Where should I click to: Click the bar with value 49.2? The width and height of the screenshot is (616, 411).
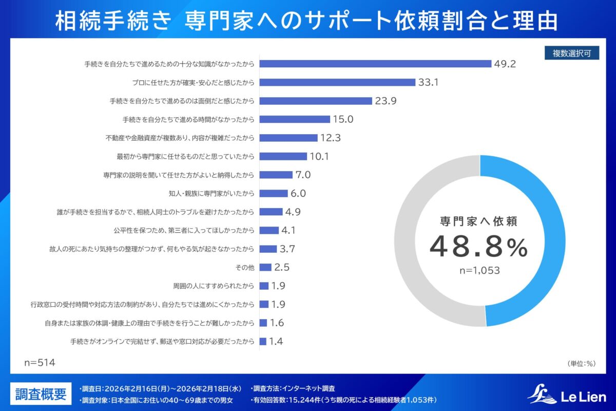pos(376,64)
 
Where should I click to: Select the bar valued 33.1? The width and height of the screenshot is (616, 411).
pos(337,82)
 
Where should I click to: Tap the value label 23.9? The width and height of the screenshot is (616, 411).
pos(386,101)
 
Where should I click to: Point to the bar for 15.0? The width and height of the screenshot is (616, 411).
pos(295,119)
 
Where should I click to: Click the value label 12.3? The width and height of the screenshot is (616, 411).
pos(331,138)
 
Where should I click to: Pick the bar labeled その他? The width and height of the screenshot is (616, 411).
pos(265,267)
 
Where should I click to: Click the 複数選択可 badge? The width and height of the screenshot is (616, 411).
pos(572,53)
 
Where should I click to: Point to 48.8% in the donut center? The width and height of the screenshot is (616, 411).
pos(478,247)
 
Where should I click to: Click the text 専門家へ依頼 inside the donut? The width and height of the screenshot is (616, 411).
pos(478,221)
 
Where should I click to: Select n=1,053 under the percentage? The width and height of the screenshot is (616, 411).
pos(478,270)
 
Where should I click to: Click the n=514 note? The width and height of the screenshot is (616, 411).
pos(40,363)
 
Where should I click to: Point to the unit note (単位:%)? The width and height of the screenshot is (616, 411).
pos(581,364)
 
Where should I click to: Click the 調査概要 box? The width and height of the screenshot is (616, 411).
pos(41,394)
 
